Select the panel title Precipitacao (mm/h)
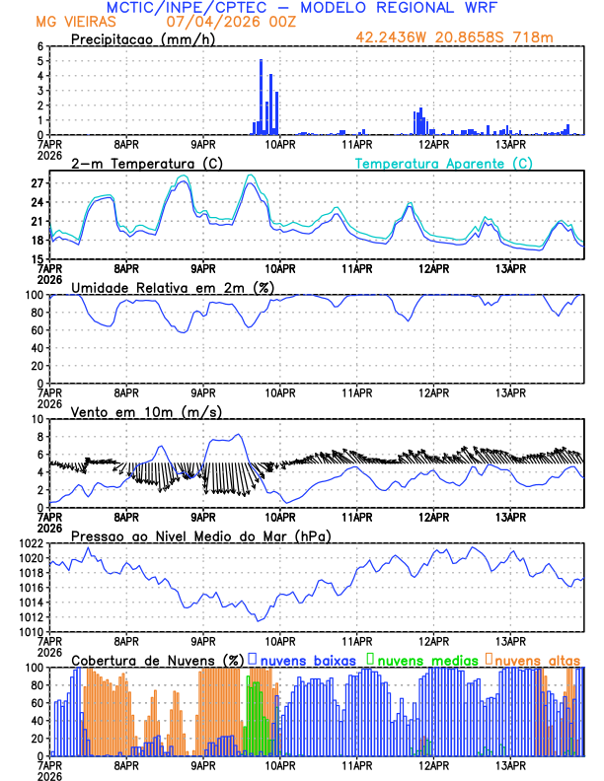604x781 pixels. tap(137, 38)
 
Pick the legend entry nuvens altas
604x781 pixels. tap(532, 659)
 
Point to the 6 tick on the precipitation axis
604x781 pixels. tap(39, 46)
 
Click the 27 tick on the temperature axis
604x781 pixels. tap(38, 183)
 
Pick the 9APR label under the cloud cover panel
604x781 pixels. tap(203, 764)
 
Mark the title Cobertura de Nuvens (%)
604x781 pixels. tap(158, 659)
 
